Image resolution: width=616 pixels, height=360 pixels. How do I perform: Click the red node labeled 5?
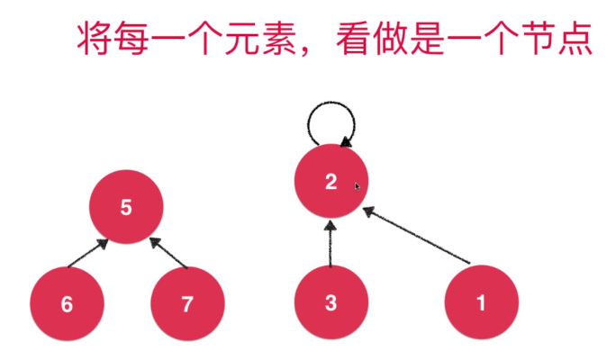coord(126,207)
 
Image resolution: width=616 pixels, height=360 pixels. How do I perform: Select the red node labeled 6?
coord(67,303)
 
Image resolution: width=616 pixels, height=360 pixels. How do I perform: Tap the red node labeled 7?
coord(186,303)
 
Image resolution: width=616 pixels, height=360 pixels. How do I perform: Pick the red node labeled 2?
coord(331,182)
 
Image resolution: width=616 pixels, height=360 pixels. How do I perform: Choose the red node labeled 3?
coord(331,302)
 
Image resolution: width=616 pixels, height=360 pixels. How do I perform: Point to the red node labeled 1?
coord(481,302)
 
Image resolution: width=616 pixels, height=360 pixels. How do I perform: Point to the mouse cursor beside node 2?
coord(358,186)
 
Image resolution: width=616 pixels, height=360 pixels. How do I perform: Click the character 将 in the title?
coord(94,40)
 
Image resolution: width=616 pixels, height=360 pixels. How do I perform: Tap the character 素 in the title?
coord(279,40)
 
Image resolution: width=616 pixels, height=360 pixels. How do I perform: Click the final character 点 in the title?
coord(575,40)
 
